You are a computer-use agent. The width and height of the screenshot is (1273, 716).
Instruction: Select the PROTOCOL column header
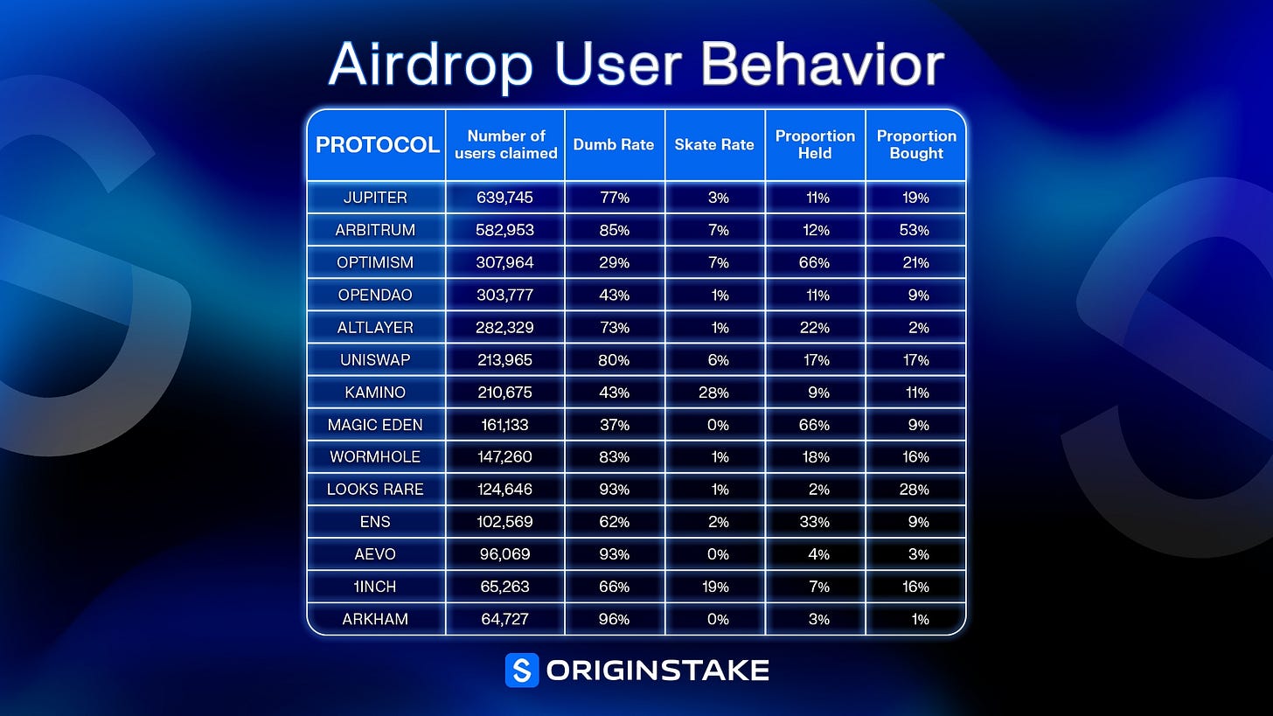click(x=378, y=145)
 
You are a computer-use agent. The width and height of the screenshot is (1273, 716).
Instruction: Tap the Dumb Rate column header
click(x=614, y=145)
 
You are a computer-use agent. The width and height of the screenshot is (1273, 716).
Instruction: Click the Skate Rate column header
click(x=714, y=145)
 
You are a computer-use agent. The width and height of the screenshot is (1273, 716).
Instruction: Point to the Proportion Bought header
click(x=916, y=144)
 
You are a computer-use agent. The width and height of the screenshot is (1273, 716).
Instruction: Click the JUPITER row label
click(x=375, y=198)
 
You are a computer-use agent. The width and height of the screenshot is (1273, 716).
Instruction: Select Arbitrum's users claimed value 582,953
click(x=504, y=230)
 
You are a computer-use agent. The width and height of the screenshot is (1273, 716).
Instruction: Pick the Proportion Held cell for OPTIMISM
click(x=814, y=262)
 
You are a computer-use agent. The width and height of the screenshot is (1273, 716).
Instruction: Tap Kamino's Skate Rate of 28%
click(x=713, y=393)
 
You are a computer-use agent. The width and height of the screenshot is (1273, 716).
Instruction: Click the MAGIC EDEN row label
click(x=375, y=425)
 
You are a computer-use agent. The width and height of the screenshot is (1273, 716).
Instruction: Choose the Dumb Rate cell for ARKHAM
click(x=614, y=619)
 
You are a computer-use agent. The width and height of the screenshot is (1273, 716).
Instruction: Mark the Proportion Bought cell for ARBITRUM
click(x=915, y=230)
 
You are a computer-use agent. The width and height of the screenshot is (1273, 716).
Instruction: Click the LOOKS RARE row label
click(x=375, y=490)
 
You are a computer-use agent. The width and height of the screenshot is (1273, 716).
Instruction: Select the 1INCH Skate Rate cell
click(x=715, y=587)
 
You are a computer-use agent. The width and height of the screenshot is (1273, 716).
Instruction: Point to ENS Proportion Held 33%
click(x=814, y=522)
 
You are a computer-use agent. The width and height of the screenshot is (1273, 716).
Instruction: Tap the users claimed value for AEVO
click(x=504, y=554)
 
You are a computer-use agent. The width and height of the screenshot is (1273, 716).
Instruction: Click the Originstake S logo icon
click(x=522, y=670)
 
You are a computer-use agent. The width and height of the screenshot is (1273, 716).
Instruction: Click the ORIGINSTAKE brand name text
click(x=657, y=671)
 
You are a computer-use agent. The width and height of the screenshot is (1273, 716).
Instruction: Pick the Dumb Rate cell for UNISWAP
click(x=614, y=360)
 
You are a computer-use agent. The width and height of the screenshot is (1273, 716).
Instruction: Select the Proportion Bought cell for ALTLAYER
click(x=918, y=328)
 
